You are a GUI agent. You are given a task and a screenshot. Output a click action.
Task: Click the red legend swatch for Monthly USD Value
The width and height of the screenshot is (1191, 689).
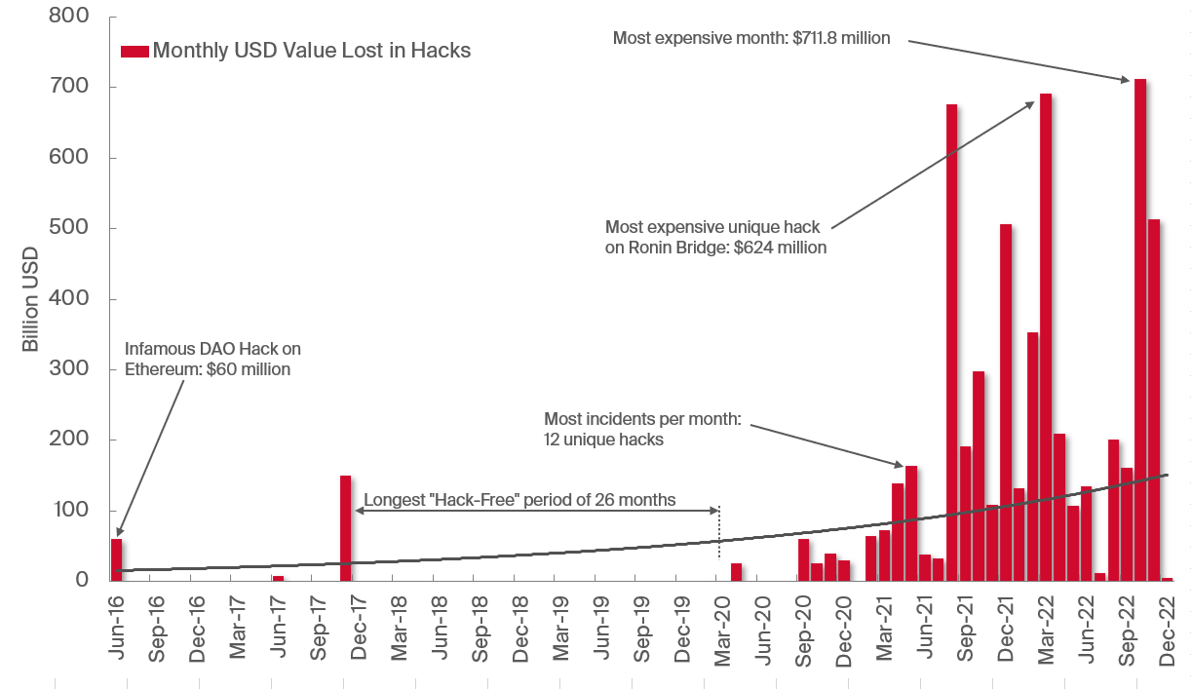pos(134,51)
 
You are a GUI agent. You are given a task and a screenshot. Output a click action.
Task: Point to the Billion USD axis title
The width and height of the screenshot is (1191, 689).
pos(30,299)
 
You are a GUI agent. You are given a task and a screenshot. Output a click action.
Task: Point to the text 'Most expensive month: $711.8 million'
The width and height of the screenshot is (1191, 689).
pos(750,38)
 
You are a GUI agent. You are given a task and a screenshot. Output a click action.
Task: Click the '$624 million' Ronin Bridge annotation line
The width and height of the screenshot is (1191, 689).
pos(715,248)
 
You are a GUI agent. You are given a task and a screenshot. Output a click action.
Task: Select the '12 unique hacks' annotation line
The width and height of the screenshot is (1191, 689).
pos(604,440)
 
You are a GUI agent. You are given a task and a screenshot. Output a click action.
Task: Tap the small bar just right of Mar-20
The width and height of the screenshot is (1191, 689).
pos(736,571)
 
